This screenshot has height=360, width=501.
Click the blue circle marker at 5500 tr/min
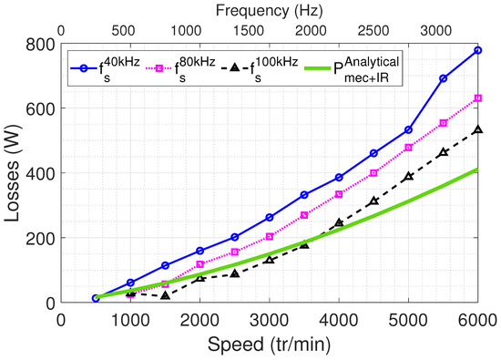point(443,78)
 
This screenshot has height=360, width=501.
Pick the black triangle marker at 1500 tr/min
point(165,295)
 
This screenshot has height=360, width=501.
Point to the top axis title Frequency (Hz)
point(269,11)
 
